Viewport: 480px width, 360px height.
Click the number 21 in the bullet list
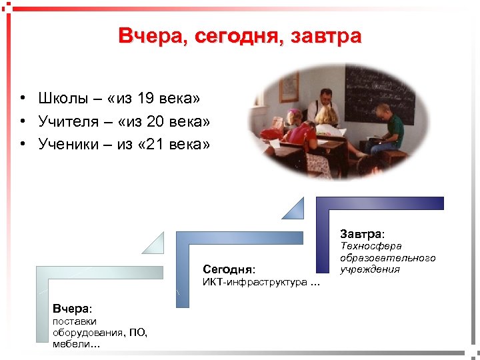coord(159,143)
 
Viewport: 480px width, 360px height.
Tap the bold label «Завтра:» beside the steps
coord(362,234)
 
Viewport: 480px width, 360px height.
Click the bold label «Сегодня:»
coord(229,269)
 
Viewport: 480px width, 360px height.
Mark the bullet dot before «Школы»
coord(23,99)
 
